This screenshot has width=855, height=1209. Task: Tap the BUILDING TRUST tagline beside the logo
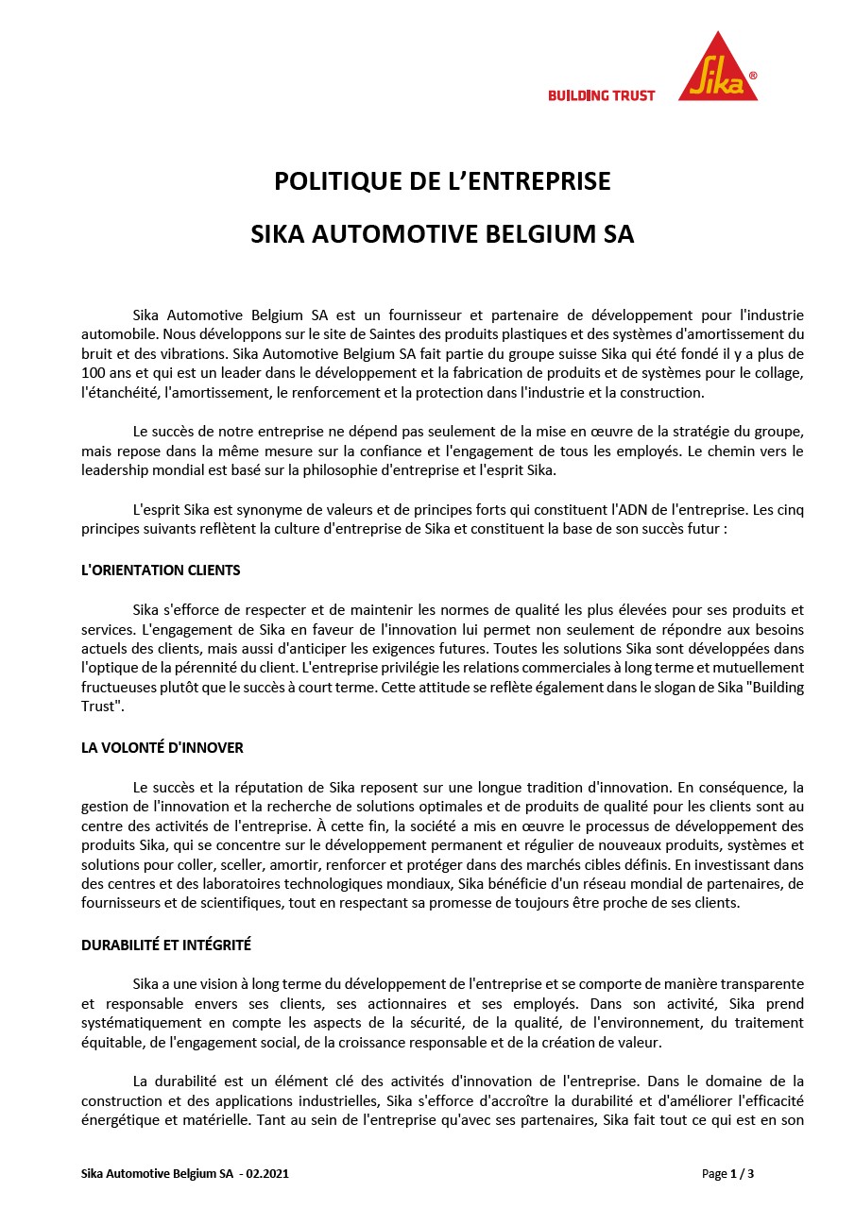[x=601, y=95]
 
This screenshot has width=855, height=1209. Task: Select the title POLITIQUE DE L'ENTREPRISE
[x=442, y=180]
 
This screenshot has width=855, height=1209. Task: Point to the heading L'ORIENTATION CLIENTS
[x=161, y=570]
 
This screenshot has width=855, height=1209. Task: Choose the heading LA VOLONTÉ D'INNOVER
[x=162, y=748]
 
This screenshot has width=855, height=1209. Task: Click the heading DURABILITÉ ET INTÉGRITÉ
[x=166, y=945]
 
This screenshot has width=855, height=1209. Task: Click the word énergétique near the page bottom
[x=115, y=1120]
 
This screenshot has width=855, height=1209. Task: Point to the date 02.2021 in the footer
[x=267, y=1174]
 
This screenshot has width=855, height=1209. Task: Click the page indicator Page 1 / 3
[x=727, y=1174]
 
